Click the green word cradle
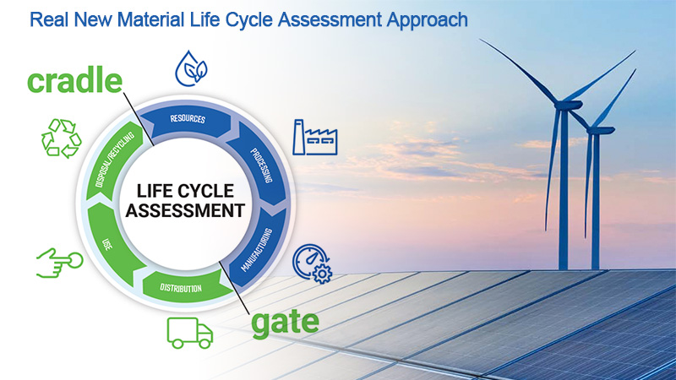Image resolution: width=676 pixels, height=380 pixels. (x=74, y=80)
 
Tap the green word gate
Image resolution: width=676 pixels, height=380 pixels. (x=285, y=323)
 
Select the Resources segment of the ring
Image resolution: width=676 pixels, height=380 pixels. (x=187, y=121)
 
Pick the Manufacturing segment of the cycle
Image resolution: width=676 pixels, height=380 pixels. (x=259, y=247)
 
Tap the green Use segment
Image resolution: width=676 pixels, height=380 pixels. (x=110, y=243)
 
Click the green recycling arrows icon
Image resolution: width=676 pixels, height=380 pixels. (x=61, y=138)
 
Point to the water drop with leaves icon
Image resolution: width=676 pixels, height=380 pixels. (x=191, y=69)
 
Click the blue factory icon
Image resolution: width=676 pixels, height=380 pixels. (x=314, y=137)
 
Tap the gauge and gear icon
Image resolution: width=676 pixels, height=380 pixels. (x=313, y=263)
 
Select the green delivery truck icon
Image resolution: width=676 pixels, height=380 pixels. (x=189, y=333)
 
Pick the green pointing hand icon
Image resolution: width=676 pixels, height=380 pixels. (x=59, y=263)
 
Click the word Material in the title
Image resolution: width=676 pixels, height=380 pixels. (x=150, y=19)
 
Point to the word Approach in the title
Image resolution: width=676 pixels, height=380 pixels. (x=427, y=20)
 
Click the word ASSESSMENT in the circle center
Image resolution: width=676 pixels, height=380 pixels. (x=185, y=210)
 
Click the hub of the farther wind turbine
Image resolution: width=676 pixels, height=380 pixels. (x=597, y=130)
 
